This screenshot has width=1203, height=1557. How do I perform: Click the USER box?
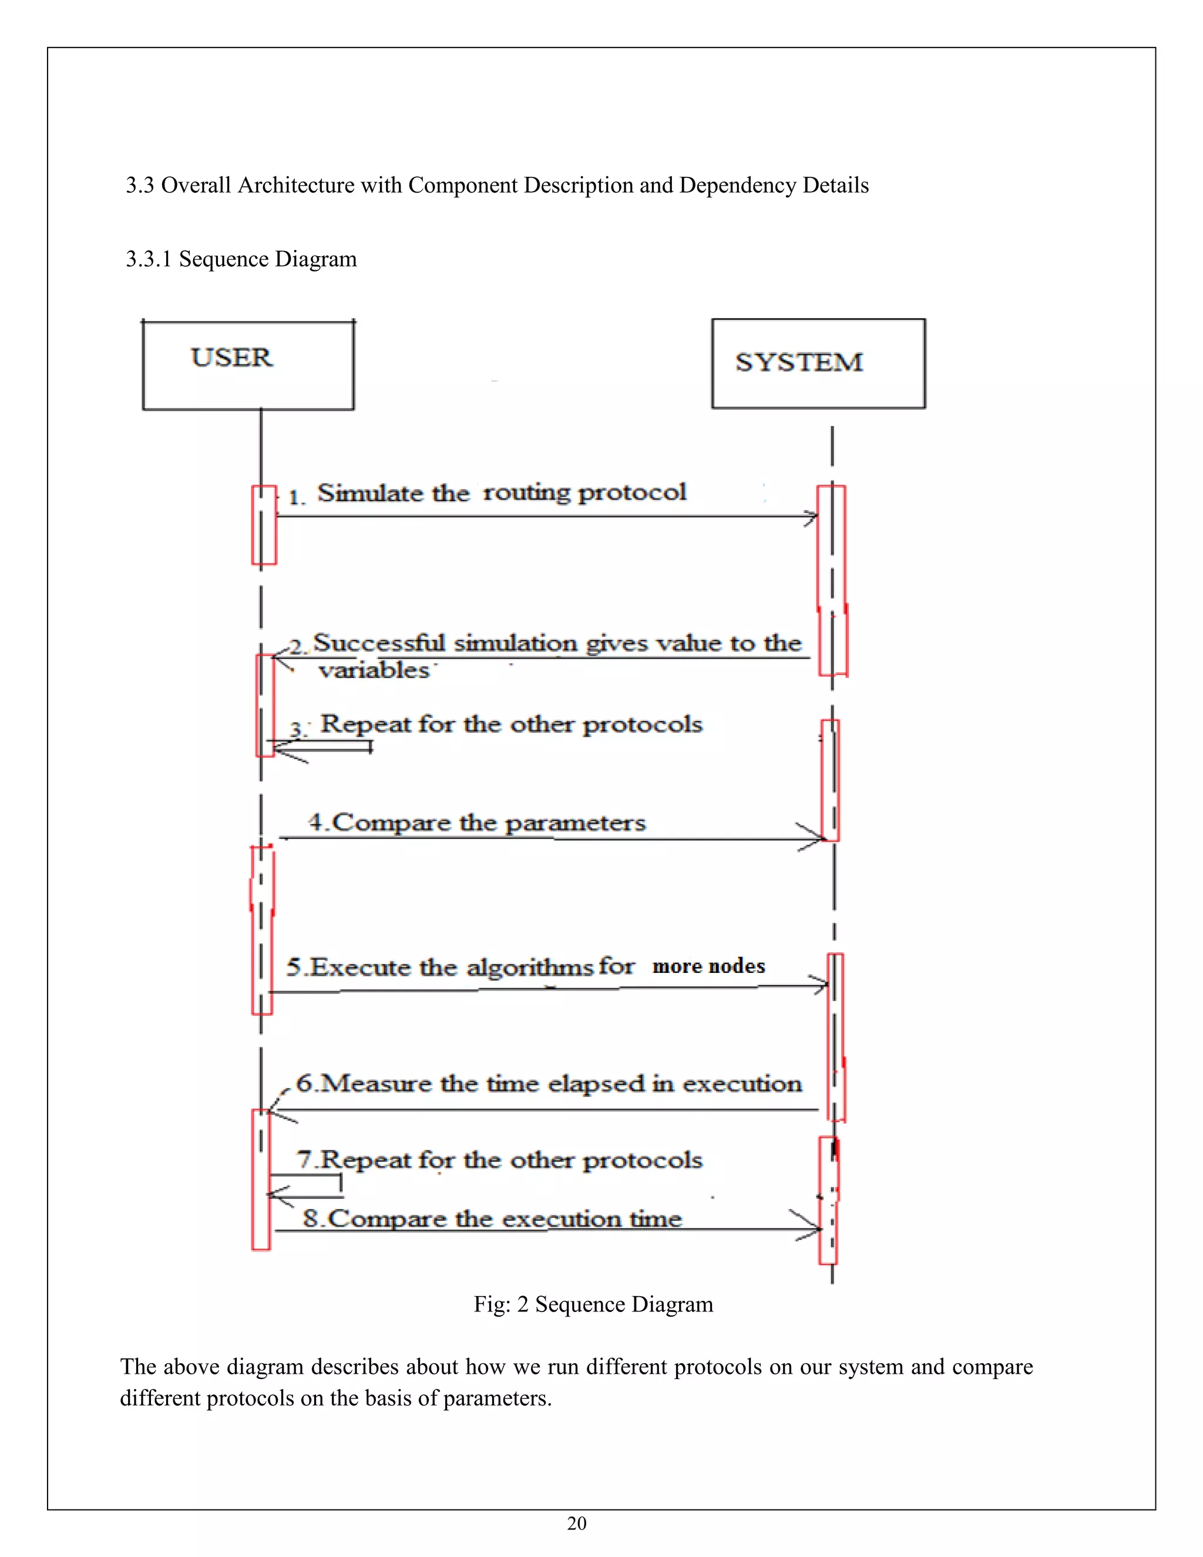click(x=248, y=365)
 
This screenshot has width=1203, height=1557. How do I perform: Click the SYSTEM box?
click(x=818, y=364)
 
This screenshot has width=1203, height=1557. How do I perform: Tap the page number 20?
click(x=577, y=1524)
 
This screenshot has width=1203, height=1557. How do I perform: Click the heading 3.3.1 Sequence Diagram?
click(x=241, y=259)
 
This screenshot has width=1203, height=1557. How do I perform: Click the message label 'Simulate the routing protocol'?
click(x=501, y=492)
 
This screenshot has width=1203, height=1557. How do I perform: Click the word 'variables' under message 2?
click(x=374, y=671)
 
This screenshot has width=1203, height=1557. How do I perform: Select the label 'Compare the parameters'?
click(x=488, y=823)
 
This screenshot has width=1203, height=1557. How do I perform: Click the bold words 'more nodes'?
click(x=708, y=966)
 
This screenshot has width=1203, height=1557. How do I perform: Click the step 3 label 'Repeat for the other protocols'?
click(x=510, y=724)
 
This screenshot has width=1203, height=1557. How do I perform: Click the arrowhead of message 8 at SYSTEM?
click(x=815, y=1229)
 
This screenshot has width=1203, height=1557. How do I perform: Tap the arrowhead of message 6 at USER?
click(x=274, y=1110)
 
